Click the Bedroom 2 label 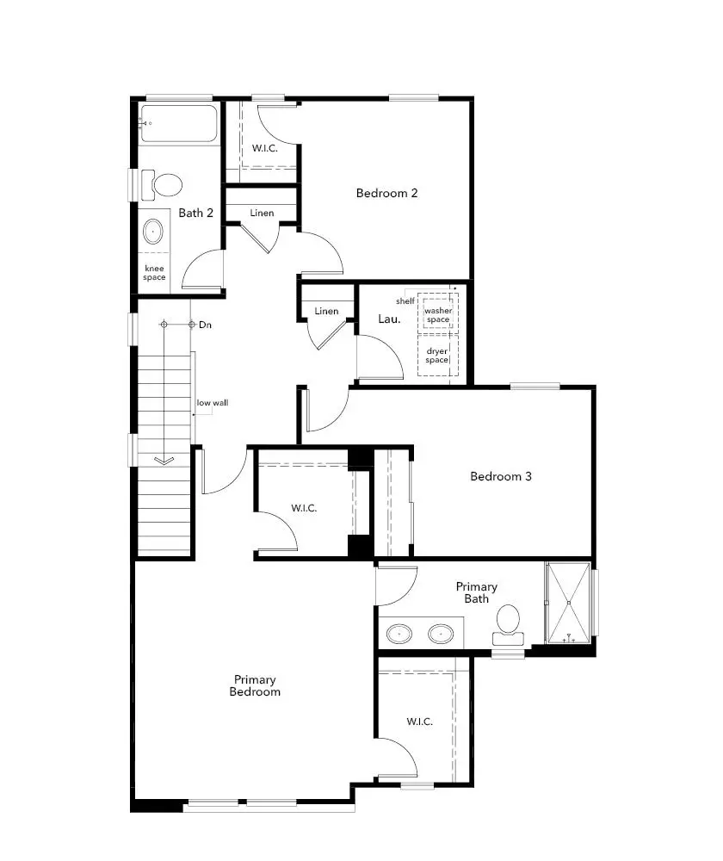coord(386,193)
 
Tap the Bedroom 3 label coord(501,476)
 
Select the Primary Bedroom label coord(255,685)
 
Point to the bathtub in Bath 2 coord(179,125)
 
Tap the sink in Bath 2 coord(153,231)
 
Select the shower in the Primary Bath coord(569,603)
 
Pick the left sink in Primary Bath coord(399,635)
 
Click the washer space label coord(437,315)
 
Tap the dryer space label coord(437,355)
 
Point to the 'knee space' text coord(155,272)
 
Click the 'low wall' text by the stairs coord(212,402)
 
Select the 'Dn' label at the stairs coord(205,325)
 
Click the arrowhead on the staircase coord(163,461)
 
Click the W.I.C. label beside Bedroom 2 coord(264,148)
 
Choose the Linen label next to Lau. coord(326,311)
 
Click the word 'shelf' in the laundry coord(405,301)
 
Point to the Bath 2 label coord(196,213)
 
